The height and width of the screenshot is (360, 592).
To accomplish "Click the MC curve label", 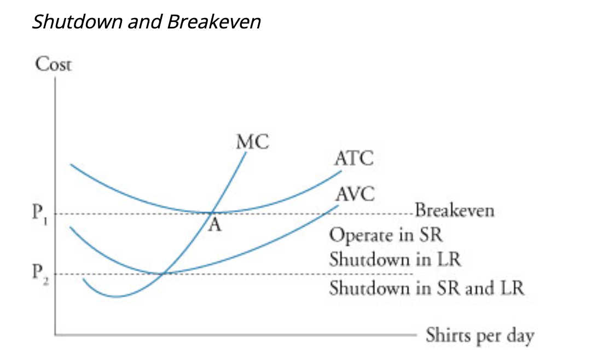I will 253,142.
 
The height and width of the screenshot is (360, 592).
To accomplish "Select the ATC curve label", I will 353,159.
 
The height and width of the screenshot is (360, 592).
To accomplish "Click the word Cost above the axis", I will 53,65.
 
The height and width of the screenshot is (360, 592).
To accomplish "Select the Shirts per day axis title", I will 479,335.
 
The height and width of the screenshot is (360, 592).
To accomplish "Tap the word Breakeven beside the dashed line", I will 454,211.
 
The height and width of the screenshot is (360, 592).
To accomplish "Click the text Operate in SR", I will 385,235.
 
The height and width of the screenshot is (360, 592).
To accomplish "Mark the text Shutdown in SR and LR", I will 426,287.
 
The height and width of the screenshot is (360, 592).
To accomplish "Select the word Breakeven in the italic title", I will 214,22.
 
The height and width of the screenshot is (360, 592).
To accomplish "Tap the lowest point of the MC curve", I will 116,297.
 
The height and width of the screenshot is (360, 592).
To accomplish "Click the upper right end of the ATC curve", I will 340,171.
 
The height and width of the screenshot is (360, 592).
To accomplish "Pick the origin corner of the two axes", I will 55,333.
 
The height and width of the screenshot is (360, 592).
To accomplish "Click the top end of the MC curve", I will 246,153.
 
